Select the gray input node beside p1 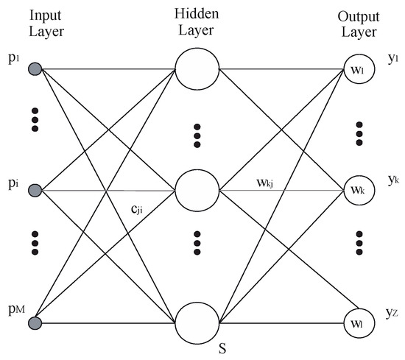pyautogui.click(x=35, y=70)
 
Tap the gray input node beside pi pyautogui.click(x=35, y=191)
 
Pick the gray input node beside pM pyautogui.click(x=35, y=321)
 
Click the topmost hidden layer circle pyautogui.click(x=197, y=71)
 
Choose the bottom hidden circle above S pyautogui.click(x=197, y=322)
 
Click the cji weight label pyautogui.click(x=138, y=210)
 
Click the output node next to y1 pyautogui.click(x=357, y=71)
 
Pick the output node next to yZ pyautogui.click(x=357, y=322)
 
